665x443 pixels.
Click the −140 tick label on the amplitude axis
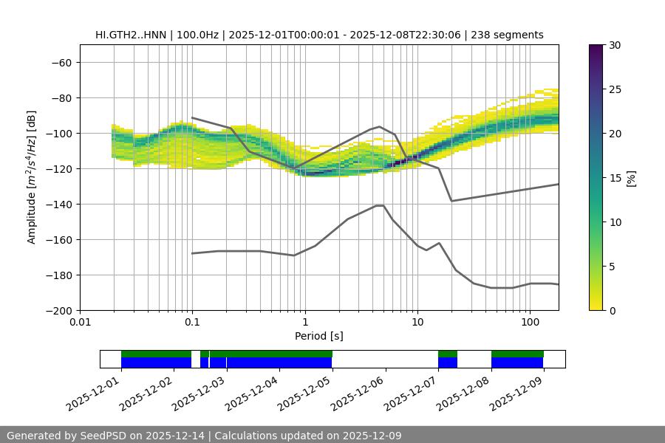60,205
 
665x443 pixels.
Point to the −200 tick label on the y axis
60,311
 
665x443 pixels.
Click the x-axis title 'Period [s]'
318,336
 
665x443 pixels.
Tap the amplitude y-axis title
32,177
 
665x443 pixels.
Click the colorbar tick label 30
614,46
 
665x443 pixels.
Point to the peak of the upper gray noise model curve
380,126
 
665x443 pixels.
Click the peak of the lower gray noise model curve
380,205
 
